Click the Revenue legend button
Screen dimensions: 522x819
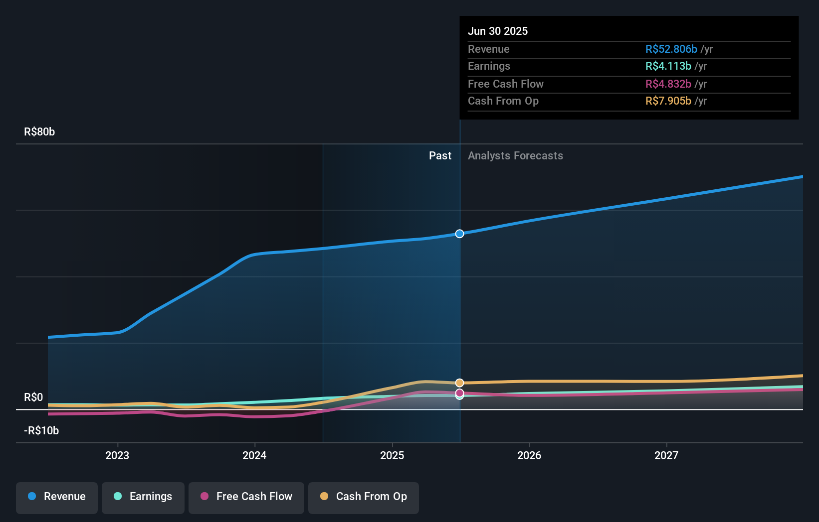(x=57, y=497)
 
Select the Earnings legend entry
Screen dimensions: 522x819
(x=143, y=497)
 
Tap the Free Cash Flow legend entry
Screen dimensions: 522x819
(x=246, y=497)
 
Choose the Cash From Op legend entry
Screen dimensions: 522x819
(x=364, y=497)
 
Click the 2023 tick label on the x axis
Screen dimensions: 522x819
(x=117, y=455)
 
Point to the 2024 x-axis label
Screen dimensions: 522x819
(x=254, y=455)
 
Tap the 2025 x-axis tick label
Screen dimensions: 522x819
(x=392, y=455)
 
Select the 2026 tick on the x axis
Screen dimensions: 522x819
(x=529, y=455)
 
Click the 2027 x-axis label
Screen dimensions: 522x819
(x=666, y=455)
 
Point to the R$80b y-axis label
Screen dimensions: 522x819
(x=39, y=132)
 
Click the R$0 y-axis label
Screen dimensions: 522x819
(x=33, y=397)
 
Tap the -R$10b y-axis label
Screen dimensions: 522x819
(x=41, y=431)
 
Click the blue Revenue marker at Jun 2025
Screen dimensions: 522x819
(x=459, y=234)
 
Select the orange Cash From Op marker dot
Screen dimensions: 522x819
(x=459, y=383)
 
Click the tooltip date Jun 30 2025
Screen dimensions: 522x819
(x=498, y=31)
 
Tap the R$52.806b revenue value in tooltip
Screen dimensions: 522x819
(x=671, y=49)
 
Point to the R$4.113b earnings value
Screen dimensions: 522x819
(x=668, y=66)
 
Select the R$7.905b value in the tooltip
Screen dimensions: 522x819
(x=668, y=101)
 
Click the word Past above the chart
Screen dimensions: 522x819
(x=440, y=156)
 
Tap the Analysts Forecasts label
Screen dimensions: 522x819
(x=515, y=156)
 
